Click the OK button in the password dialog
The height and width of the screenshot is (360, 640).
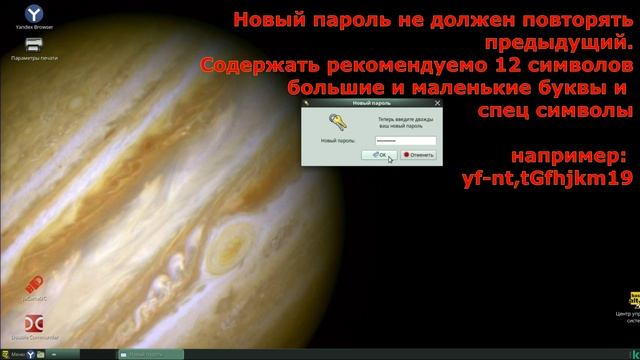point(380,155)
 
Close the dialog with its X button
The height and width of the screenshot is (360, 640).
point(436,102)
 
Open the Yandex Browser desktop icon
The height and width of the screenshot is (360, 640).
point(32,14)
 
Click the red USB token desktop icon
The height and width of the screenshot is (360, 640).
point(32,284)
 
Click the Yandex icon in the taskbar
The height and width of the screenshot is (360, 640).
point(29,354)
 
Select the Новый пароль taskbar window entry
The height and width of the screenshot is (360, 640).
point(150,354)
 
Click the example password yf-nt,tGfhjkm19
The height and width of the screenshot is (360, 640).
point(547,179)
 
